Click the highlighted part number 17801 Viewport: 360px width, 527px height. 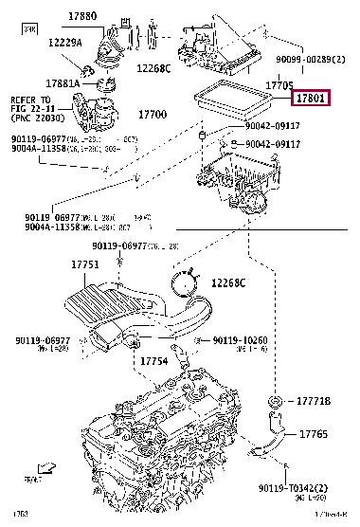click(x=311, y=98)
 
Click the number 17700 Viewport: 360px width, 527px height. click(x=153, y=114)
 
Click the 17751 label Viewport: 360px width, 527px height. click(x=83, y=265)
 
